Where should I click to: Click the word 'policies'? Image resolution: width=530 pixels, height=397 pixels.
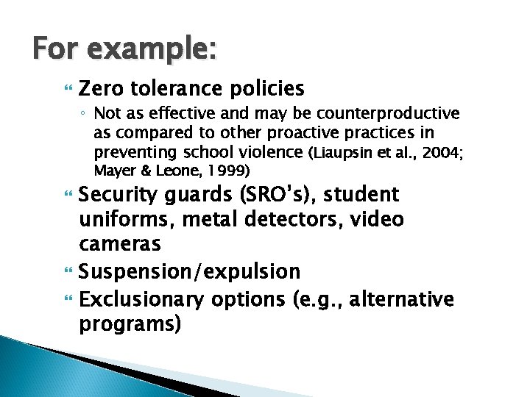(267, 89)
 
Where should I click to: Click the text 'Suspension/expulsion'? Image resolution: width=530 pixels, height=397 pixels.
(189, 272)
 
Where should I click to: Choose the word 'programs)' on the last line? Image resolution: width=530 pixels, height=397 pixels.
(130, 324)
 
